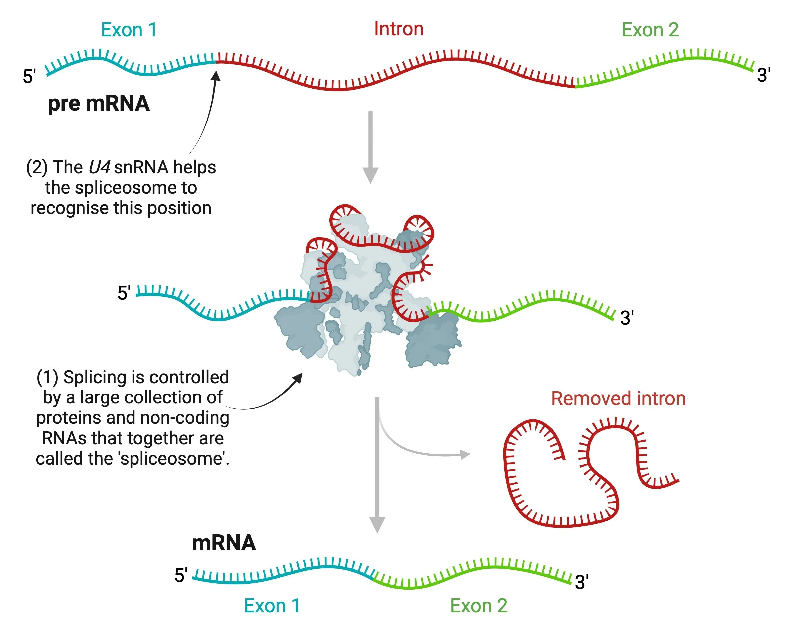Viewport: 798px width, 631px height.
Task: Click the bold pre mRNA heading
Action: point(99,103)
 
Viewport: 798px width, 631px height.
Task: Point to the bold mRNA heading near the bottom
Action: point(224,543)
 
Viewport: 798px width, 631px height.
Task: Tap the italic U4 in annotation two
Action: point(99,167)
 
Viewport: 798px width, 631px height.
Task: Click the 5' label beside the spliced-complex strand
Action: point(124,293)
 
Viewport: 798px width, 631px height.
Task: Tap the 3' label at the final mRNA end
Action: point(581,583)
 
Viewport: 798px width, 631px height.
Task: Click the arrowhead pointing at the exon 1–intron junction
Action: point(216,76)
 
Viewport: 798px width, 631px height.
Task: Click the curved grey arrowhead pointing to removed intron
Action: point(465,454)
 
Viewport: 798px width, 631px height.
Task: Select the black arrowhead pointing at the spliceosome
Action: point(298,377)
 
